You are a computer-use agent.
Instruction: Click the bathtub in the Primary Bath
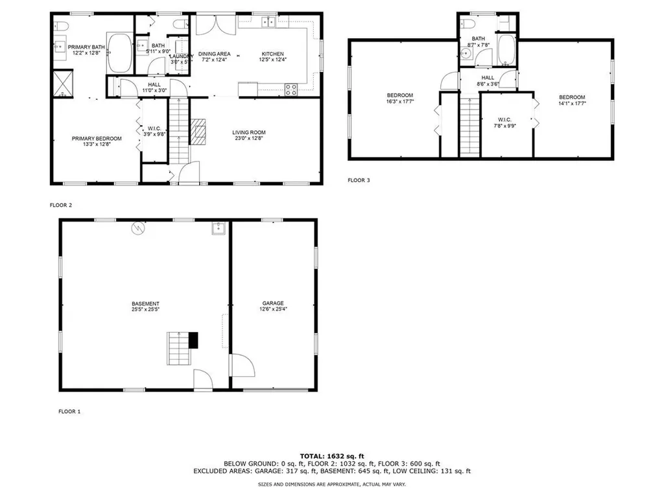(x=119, y=53)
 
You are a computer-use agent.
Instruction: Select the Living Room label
(x=249, y=132)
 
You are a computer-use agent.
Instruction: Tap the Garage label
(x=273, y=303)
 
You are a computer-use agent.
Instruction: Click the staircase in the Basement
(x=180, y=349)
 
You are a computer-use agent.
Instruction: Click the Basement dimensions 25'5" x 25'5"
(x=145, y=310)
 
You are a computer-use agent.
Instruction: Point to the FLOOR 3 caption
(x=359, y=180)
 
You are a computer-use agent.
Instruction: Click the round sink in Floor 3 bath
(x=466, y=53)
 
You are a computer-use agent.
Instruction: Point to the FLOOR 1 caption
(x=69, y=411)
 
